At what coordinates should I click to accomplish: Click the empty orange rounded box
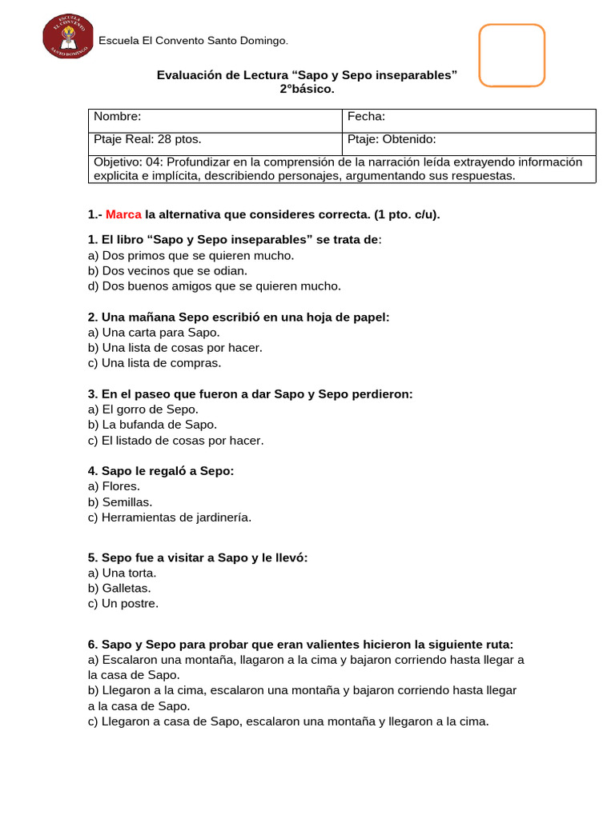[x=512, y=54]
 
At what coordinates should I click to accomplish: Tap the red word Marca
[x=123, y=215]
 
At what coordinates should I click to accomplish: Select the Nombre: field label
[x=118, y=117]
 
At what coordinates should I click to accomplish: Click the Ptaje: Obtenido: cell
[x=393, y=139]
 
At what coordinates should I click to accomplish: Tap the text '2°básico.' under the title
[x=307, y=90]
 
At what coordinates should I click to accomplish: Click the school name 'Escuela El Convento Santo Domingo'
[x=192, y=41]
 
